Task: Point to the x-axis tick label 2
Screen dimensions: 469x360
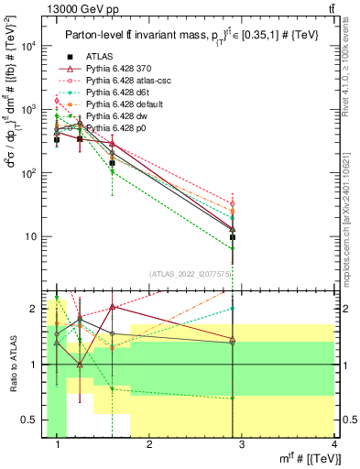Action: pos(148,444)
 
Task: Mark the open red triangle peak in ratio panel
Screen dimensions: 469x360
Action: pos(112,307)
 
